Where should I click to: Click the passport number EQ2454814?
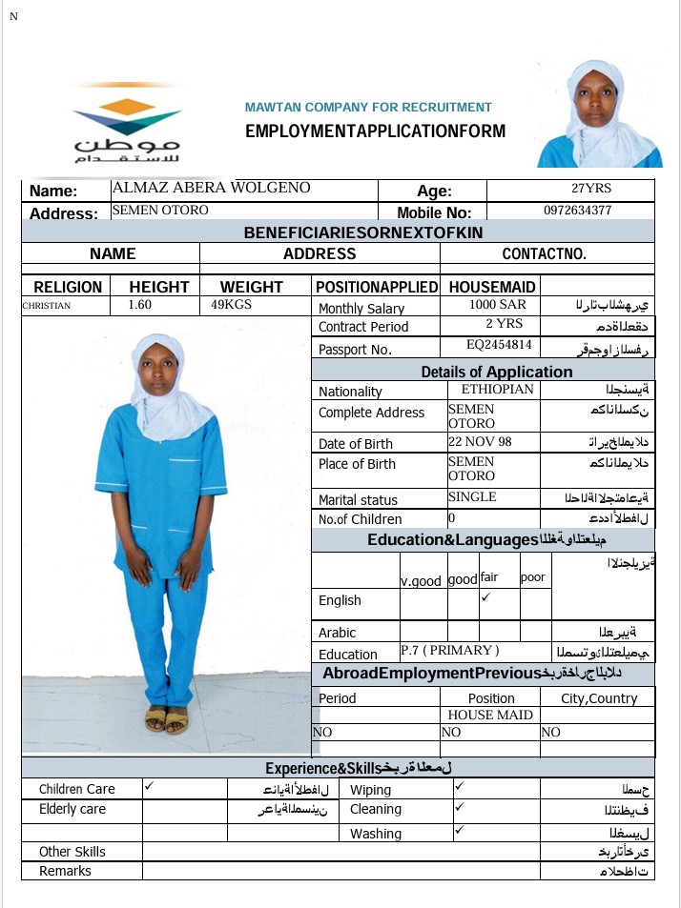[499, 345]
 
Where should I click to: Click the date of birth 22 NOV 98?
[480, 442]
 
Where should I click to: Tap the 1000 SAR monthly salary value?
[497, 305]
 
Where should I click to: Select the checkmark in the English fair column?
[486, 597]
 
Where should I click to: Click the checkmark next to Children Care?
[150, 787]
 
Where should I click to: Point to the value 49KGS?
[232, 306]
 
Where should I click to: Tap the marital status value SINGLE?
[472, 496]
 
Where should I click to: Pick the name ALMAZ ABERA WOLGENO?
[211, 188]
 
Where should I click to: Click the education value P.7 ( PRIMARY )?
[449, 651]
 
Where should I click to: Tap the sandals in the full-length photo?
[167, 719]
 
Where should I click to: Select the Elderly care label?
[72, 809]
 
